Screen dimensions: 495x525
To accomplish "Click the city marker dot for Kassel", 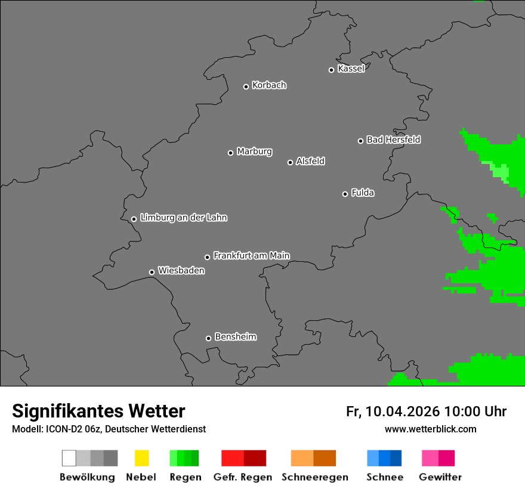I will click(332, 70).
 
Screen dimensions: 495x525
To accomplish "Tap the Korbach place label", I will click(269, 85).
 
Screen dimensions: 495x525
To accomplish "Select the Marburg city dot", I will click(231, 153).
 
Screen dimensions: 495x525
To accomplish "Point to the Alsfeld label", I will click(310, 161).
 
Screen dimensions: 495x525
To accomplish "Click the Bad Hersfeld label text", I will click(393, 140).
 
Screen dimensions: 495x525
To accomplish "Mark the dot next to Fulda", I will click(345, 194).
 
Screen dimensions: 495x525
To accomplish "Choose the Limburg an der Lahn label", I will click(184, 218).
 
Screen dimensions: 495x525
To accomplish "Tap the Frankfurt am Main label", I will click(251, 255).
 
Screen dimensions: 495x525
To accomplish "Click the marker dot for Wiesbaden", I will click(152, 273).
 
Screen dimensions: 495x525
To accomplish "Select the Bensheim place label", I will click(236, 337).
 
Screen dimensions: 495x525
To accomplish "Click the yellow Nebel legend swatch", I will click(141, 458).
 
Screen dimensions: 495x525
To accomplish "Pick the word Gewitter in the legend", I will click(440, 477).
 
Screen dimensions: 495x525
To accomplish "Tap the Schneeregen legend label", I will click(315, 477).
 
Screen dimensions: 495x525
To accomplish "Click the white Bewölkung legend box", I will click(69, 458).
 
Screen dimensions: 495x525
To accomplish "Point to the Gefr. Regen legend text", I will click(243, 477).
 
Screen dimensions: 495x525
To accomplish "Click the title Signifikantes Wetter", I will click(98, 411).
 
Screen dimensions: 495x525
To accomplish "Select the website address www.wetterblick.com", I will click(431, 429).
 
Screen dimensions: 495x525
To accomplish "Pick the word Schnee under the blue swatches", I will click(385, 477).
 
